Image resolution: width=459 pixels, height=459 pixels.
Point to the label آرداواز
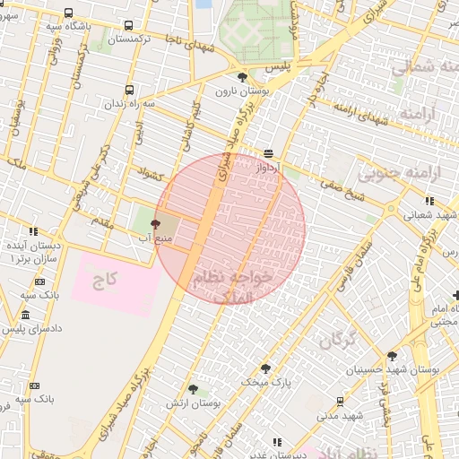click(x=268, y=168)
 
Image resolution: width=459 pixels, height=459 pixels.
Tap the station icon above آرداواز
click(x=268, y=153)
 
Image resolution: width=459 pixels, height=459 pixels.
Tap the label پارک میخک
click(x=261, y=382)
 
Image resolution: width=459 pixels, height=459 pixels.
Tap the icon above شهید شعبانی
click(x=429, y=201)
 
